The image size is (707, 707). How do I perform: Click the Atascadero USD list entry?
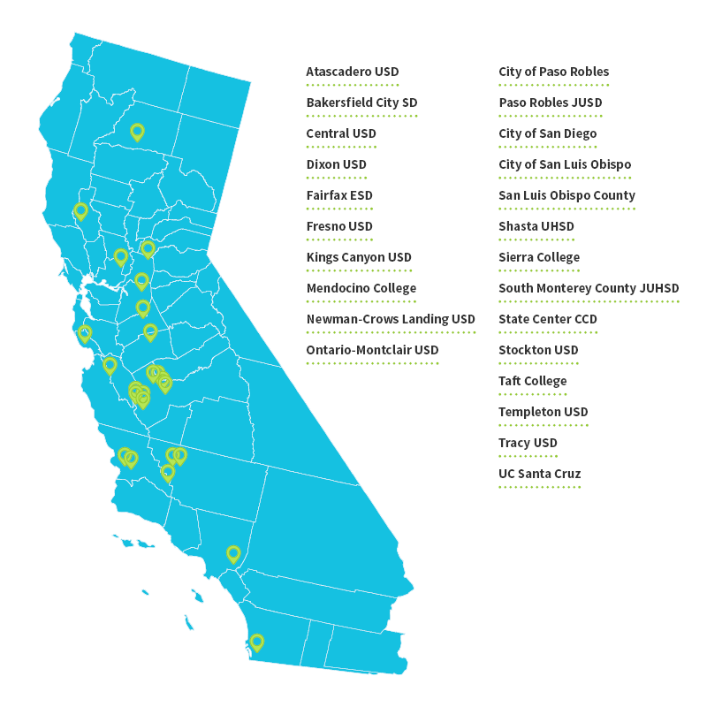click(352, 72)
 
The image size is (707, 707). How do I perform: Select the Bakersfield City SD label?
click(361, 103)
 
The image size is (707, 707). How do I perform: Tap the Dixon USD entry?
click(336, 164)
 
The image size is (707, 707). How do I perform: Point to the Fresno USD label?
click(339, 226)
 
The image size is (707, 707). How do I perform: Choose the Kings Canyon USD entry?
click(359, 257)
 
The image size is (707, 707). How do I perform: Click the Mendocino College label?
click(361, 288)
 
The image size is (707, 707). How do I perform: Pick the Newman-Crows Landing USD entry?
click(390, 319)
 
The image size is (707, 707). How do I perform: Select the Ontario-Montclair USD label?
click(372, 350)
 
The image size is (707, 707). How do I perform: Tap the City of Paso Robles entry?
click(553, 72)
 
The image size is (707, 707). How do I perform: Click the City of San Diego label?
click(547, 133)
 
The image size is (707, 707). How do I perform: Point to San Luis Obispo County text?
click(566, 195)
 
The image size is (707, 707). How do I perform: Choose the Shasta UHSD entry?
click(536, 226)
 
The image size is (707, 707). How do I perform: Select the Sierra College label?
click(539, 257)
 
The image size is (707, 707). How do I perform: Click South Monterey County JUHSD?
click(589, 288)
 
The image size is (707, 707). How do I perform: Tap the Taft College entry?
click(532, 381)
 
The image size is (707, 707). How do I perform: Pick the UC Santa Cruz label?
click(539, 474)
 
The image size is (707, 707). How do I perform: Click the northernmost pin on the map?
click(137, 132)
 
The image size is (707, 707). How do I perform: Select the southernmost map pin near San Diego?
click(256, 642)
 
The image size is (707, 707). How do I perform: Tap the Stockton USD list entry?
click(538, 350)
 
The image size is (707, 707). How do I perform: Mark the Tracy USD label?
click(528, 443)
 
